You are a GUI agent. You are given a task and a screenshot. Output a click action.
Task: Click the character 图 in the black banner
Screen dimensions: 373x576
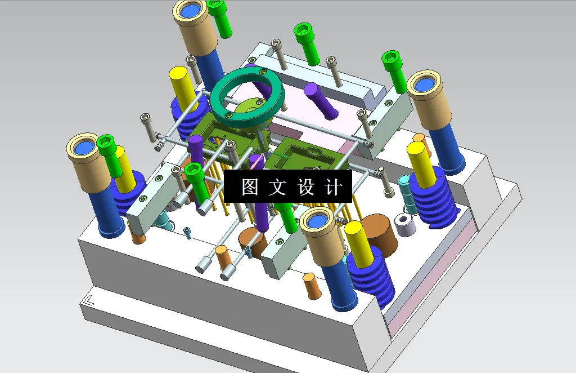tap(250, 188)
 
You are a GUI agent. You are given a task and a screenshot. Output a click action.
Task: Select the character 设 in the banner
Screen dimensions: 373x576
tap(306, 188)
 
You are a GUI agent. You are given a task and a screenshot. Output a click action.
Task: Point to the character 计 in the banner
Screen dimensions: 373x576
tap(334, 188)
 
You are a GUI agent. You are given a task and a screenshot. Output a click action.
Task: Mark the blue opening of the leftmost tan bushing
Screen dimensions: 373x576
tap(84, 148)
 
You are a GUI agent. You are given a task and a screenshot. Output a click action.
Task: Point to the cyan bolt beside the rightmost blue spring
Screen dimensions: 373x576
tap(406, 192)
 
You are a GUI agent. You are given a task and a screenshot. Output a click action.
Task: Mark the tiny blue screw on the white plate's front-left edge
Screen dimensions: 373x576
tap(187, 232)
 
